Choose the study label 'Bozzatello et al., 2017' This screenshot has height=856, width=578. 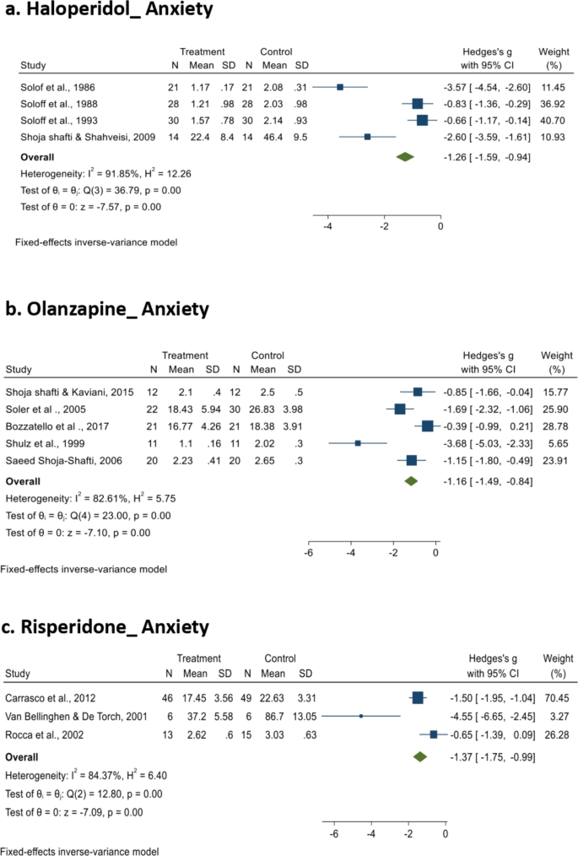coord(51,425)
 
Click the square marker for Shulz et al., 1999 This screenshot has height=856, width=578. coord(358,442)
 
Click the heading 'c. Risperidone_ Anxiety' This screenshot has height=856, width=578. coord(109,627)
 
